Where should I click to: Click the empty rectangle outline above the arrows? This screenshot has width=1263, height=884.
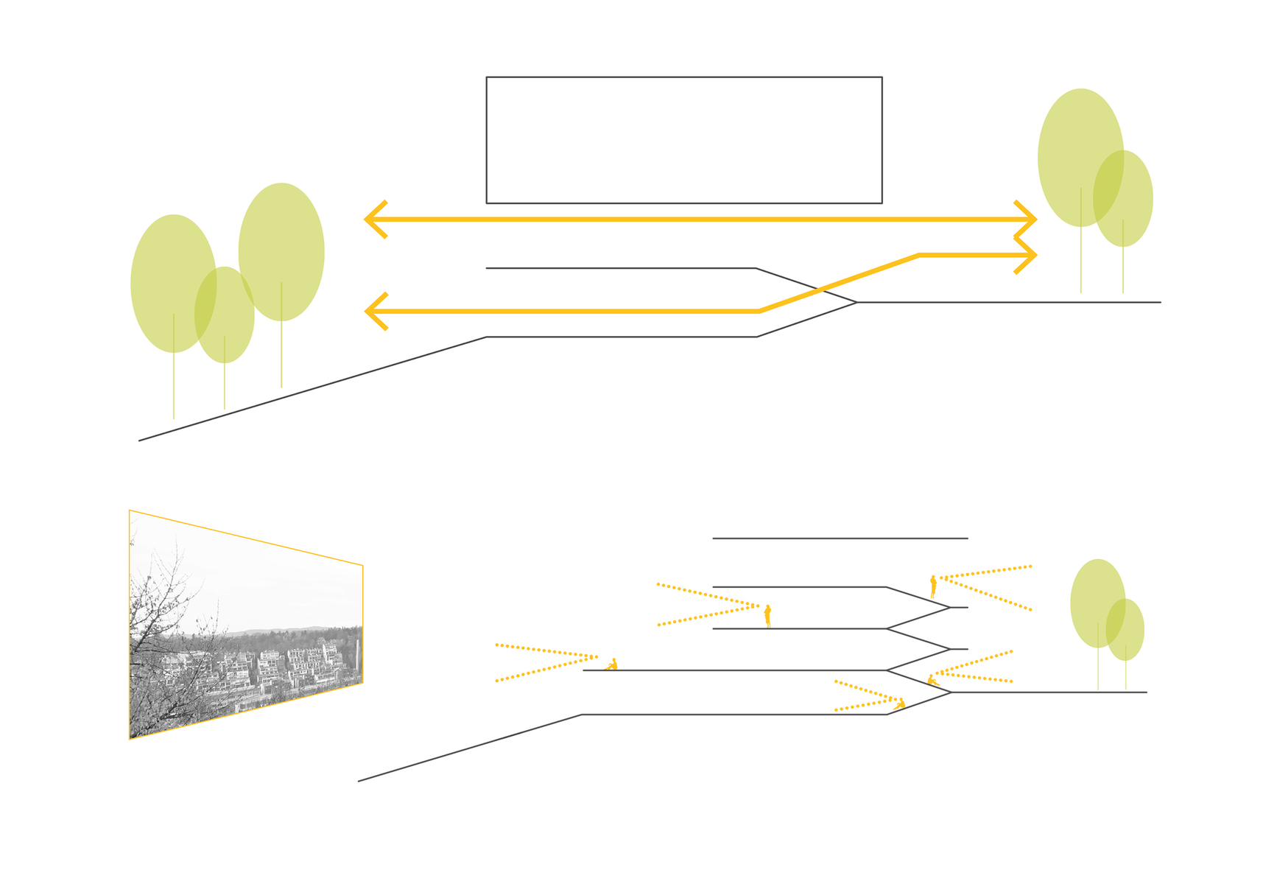[683, 140]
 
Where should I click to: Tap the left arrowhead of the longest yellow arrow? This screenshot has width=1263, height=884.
[374, 220]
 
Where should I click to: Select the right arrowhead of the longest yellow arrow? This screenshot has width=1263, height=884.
[1028, 220]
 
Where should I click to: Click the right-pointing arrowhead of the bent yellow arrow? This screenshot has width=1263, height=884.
[1028, 256]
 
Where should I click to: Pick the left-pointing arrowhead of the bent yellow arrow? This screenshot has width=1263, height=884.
[374, 312]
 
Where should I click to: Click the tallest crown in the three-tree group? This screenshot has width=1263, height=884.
[281, 250]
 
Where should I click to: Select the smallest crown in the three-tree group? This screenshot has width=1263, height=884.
[225, 315]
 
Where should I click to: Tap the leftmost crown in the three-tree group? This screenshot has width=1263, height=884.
[172, 283]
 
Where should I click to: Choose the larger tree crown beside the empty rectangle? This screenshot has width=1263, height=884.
[1079, 156]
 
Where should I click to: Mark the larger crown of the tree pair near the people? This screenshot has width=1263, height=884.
[1097, 603]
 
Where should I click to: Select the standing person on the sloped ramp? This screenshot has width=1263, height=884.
[933, 586]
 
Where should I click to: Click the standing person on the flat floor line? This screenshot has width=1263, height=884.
[767, 616]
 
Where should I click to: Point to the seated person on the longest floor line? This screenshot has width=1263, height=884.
[612, 664]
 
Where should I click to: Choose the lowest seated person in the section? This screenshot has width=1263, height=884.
[899, 705]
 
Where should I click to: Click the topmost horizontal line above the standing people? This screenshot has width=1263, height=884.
[840, 539]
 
